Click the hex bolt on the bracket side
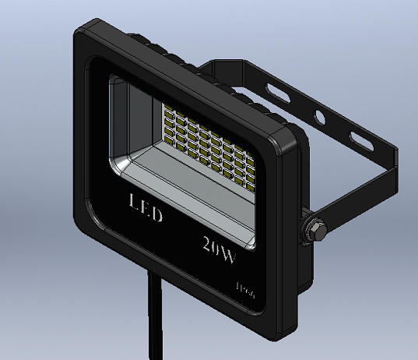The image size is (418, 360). [314, 229]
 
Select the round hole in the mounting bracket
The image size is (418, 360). [318, 117]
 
